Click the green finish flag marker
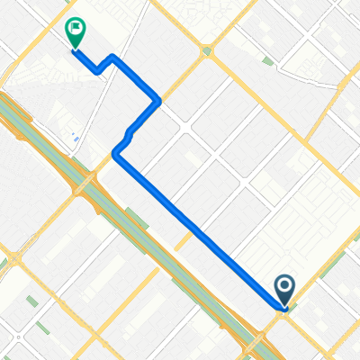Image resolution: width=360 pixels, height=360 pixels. [76, 32]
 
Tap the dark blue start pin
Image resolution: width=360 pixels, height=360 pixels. [284, 289]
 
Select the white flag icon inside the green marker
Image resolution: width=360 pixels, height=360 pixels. [76, 29]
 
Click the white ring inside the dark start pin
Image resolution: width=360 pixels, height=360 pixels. [284, 286]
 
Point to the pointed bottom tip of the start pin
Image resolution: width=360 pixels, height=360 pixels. [284, 304]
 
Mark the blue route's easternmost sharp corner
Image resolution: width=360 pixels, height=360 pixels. [159, 98]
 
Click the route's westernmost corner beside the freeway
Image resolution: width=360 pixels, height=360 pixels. [115, 155]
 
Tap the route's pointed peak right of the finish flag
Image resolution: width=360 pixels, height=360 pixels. [113, 57]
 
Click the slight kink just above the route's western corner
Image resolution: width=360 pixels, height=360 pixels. [131, 134]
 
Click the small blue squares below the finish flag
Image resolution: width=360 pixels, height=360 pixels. [74, 138]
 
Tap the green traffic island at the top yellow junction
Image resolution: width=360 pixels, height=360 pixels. [208, 50]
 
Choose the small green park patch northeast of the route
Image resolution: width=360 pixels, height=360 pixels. [267, 61]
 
